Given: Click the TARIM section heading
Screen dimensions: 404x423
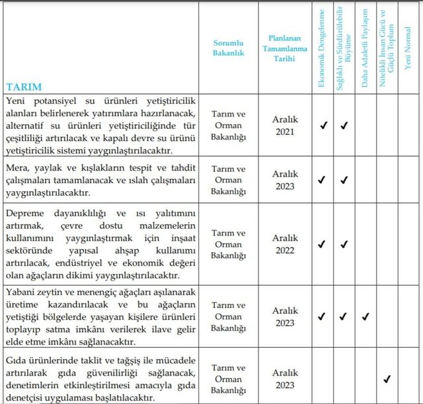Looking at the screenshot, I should (24, 87).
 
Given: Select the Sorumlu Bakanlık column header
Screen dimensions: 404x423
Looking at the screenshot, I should (227, 48).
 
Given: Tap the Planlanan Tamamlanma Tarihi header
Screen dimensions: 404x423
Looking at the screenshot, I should (285, 48).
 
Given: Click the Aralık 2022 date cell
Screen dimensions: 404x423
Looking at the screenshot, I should (285, 244).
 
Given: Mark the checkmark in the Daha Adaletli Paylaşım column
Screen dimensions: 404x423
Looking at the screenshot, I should (365, 317).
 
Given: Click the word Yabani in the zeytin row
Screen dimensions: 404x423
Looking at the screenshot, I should (22, 292).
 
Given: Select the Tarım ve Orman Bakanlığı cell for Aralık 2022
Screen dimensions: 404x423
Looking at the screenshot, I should (227, 244).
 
